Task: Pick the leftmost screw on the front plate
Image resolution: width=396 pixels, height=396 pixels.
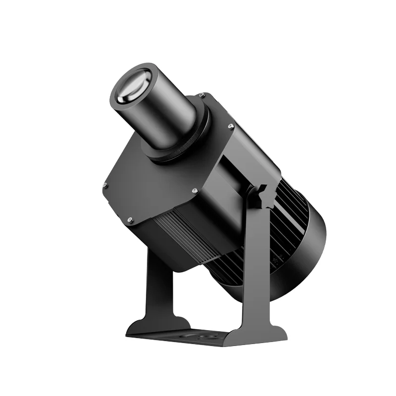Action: (x=105, y=186)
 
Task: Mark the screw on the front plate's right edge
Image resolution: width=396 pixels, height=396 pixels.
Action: (x=231, y=127)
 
